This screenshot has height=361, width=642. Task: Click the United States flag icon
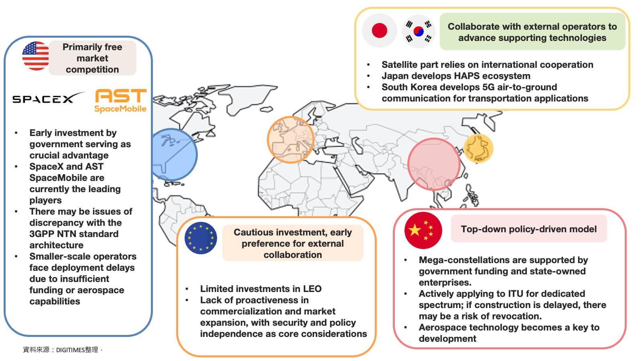[35, 56]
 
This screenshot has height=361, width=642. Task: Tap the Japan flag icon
[379, 30]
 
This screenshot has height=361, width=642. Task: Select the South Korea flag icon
[419, 31]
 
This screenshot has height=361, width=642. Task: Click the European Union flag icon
[201, 238]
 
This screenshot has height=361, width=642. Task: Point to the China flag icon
[423, 230]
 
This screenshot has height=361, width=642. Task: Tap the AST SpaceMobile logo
[120, 101]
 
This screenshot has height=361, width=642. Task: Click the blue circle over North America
[173, 154]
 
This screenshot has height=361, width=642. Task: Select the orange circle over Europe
[291, 139]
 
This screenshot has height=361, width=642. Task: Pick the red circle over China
[434, 164]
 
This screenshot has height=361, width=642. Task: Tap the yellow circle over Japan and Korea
[478, 148]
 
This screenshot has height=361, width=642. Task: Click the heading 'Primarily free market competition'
[92, 58]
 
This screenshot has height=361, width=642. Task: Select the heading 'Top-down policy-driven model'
[528, 229]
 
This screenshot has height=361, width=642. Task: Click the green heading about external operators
[532, 32]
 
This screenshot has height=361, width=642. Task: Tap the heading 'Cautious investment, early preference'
[293, 243]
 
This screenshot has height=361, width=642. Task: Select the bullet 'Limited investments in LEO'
[260, 289]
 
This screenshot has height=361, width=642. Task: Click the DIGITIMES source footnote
[62, 350]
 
